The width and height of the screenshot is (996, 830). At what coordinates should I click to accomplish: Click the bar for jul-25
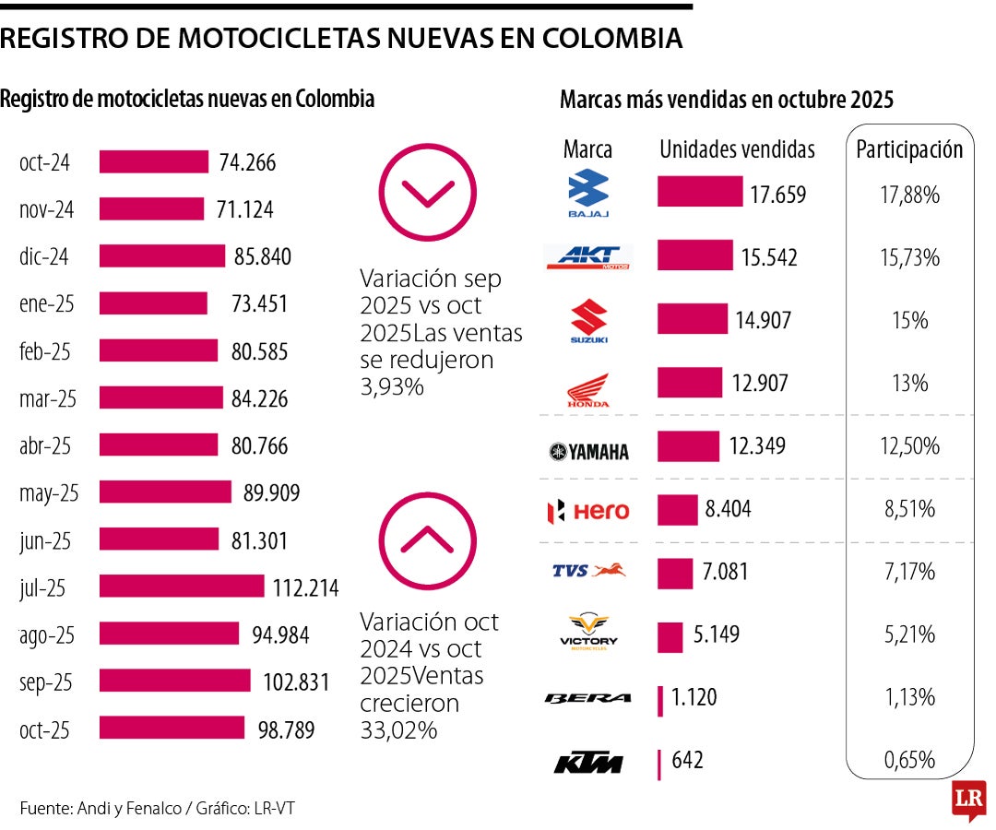click(181, 587)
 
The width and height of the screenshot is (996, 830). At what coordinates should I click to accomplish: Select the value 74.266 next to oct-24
click(247, 163)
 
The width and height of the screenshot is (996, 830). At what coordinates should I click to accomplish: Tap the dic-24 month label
click(45, 257)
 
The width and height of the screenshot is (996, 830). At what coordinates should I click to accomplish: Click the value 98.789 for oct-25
click(285, 730)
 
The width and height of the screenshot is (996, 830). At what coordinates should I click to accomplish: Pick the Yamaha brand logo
click(588, 451)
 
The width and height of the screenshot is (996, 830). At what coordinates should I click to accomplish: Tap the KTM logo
click(587, 764)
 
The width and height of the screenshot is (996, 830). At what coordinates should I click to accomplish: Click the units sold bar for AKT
click(694, 255)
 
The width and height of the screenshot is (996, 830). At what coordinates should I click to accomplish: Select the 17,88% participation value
click(909, 196)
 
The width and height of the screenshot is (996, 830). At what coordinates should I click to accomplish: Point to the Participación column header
click(909, 149)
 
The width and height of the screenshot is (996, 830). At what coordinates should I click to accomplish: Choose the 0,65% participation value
click(909, 761)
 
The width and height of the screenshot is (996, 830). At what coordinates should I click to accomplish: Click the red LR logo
click(968, 799)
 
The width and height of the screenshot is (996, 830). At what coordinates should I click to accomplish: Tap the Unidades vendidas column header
click(737, 149)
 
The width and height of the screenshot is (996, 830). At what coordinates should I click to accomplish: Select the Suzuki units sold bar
click(692, 319)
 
